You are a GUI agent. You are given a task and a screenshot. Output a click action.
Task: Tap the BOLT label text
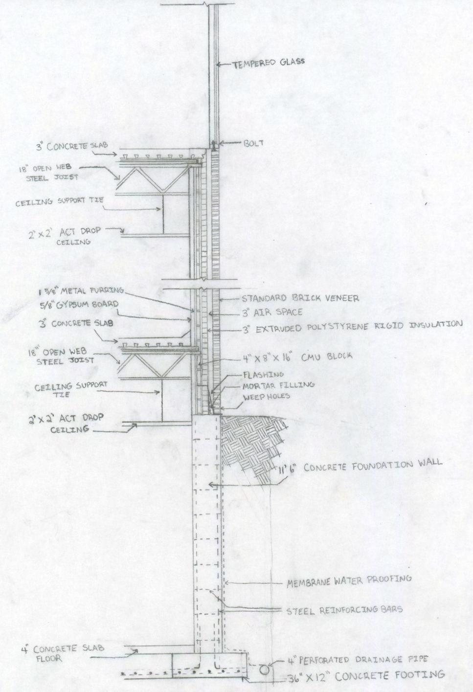tap(253, 143)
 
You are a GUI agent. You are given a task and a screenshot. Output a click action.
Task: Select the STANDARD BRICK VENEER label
tap(293, 298)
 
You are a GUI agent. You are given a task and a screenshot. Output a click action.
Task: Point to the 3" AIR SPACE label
tap(273, 312)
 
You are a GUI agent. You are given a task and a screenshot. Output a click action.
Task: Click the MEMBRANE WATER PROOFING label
tap(348, 580)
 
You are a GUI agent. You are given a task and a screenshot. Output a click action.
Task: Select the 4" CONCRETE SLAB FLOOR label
tap(49, 653)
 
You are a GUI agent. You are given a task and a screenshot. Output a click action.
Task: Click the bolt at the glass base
tap(214, 145)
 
